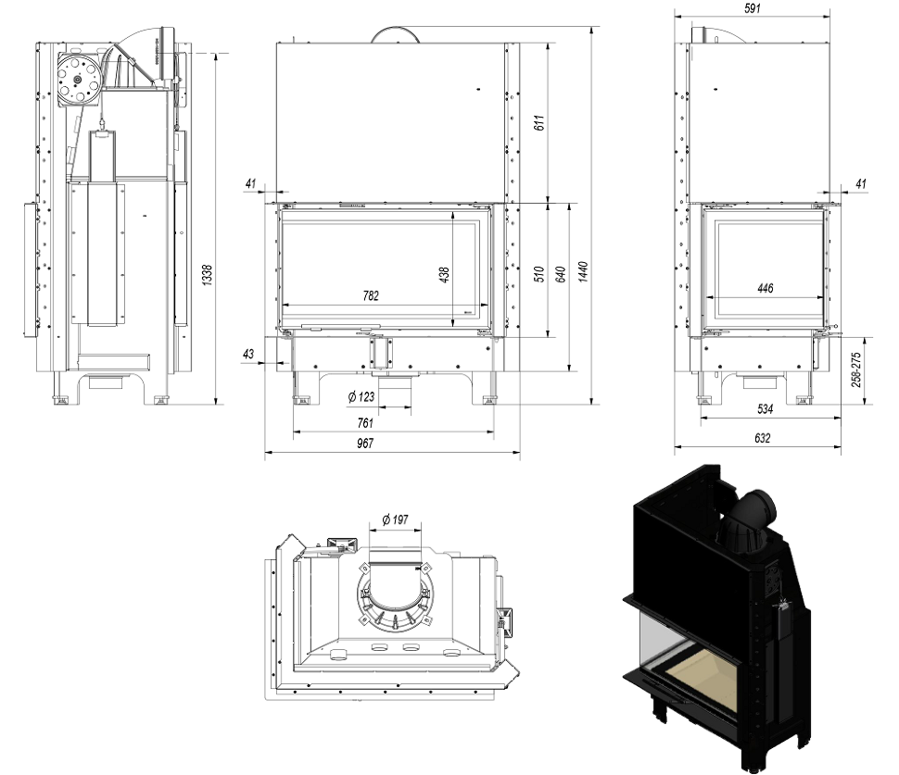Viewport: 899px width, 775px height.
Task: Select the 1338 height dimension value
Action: click(x=208, y=275)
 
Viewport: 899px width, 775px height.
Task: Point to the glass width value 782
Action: click(x=372, y=296)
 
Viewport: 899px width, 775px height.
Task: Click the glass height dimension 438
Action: click(x=445, y=275)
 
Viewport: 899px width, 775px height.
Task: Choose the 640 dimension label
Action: click(x=559, y=275)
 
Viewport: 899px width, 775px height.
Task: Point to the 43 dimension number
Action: click(x=247, y=355)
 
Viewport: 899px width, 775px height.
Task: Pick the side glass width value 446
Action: click(x=765, y=289)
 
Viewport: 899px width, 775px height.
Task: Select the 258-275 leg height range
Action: click(x=855, y=369)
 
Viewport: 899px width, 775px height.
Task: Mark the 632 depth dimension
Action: click(x=762, y=438)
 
